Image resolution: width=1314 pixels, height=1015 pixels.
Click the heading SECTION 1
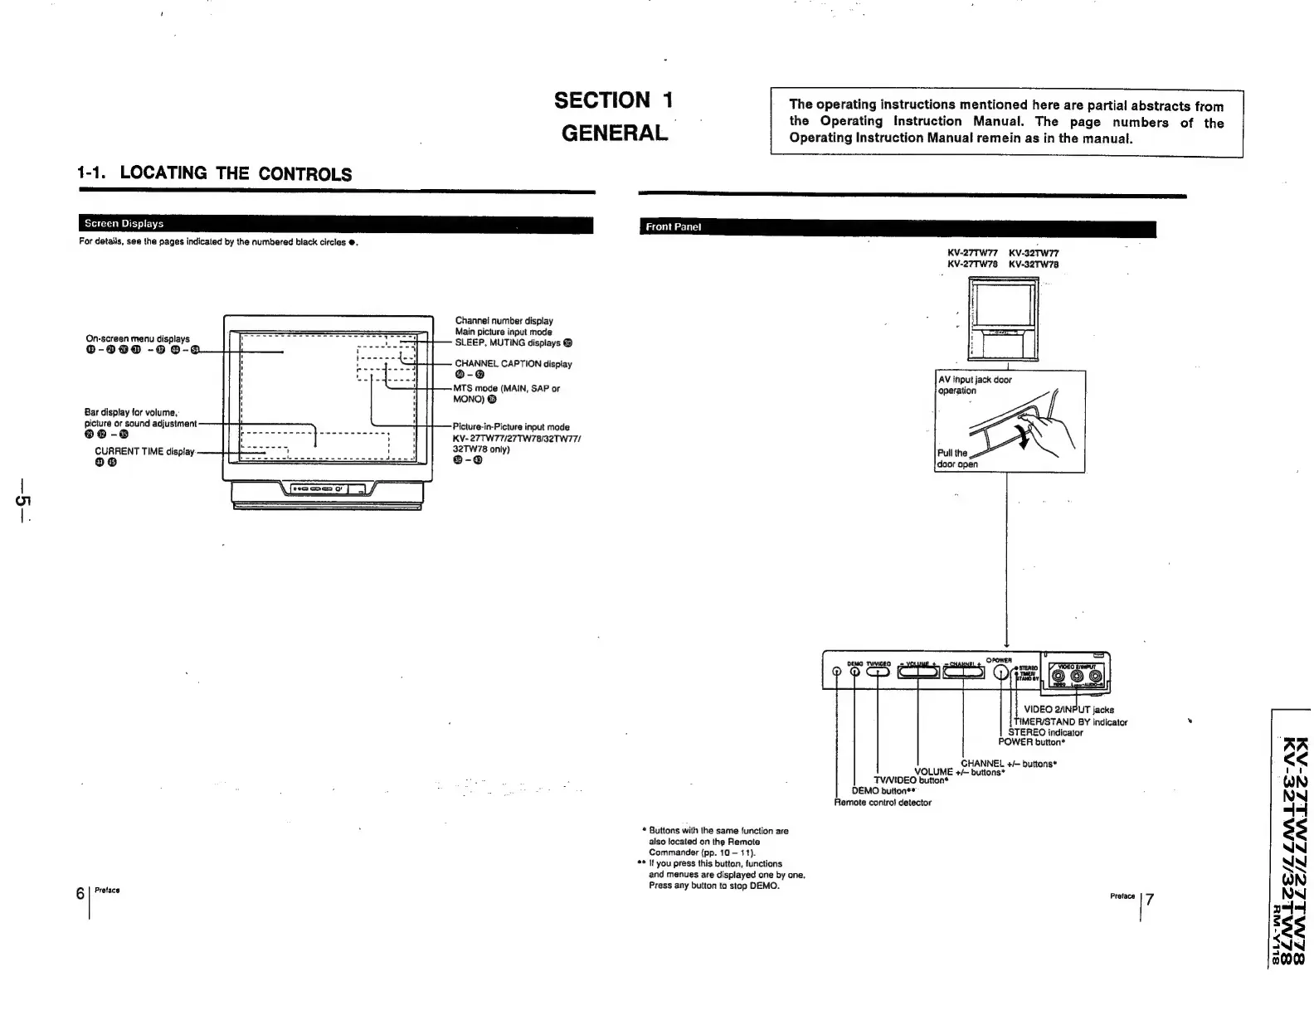pos(613,100)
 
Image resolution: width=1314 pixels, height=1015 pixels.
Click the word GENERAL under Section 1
pos(614,133)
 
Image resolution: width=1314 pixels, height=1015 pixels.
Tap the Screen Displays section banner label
pos(122,224)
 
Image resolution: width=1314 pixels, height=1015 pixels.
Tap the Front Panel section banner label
pos(673,226)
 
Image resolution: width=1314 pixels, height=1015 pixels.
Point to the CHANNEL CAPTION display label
pos(513,364)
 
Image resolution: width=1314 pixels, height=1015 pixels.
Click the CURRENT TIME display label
pos(144,452)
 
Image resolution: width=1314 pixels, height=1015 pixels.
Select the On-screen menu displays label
pos(138,338)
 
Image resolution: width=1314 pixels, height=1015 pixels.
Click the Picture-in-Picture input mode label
pos(511,427)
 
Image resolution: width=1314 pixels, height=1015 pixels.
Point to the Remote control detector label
pos(883,803)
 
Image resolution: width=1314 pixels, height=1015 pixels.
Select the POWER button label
pos(1031,742)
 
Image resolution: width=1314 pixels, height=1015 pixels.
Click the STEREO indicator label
pos(1044,732)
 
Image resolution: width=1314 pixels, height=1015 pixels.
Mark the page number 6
pos(80,893)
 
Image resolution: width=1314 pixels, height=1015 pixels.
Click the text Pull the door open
pos(956,459)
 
